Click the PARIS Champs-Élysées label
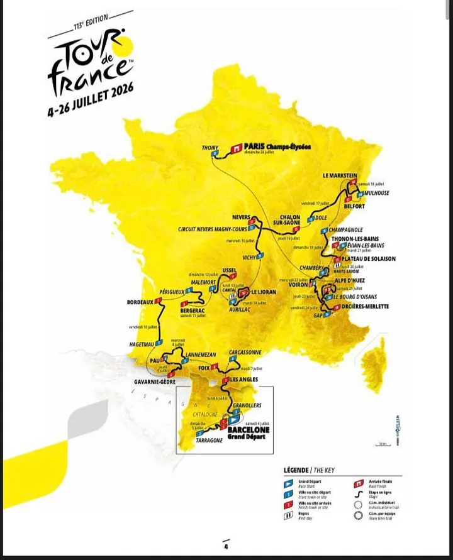[277, 146]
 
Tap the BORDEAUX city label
[140, 302]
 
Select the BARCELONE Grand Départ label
[248, 432]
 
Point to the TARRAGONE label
[209, 441]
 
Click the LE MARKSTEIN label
[340, 176]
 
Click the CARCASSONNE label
[244, 353]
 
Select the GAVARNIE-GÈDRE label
[155, 382]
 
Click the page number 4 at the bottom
[225, 546]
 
